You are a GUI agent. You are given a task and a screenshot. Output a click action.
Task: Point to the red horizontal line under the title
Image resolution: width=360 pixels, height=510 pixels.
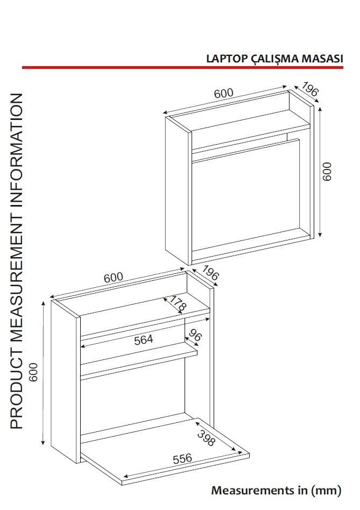(x=182, y=67)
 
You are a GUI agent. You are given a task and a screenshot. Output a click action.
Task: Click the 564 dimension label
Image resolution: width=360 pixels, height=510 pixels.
(x=144, y=340)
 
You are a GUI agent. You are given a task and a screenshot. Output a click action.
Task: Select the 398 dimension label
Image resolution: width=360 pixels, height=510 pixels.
(x=207, y=438)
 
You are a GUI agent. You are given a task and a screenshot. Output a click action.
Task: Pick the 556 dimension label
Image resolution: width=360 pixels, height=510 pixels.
(x=182, y=458)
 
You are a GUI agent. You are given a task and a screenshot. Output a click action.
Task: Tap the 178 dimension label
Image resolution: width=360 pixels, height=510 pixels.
(x=178, y=303)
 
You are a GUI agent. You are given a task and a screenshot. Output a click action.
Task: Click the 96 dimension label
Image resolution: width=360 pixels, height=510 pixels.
(x=194, y=335)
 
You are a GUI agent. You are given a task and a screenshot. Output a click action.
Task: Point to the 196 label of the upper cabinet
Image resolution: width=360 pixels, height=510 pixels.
(x=310, y=89)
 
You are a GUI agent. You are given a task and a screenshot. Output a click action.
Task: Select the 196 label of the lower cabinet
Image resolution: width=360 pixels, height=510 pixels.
(x=210, y=273)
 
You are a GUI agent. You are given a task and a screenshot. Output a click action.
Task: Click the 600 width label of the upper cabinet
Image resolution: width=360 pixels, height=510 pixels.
(x=223, y=94)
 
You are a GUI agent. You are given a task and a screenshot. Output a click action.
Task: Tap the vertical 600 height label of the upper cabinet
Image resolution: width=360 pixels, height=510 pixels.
(x=327, y=171)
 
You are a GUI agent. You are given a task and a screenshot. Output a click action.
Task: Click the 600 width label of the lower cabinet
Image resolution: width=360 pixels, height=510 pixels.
(x=113, y=278)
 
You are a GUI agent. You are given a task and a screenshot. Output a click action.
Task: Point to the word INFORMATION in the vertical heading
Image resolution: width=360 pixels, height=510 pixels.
(x=17, y=151)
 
